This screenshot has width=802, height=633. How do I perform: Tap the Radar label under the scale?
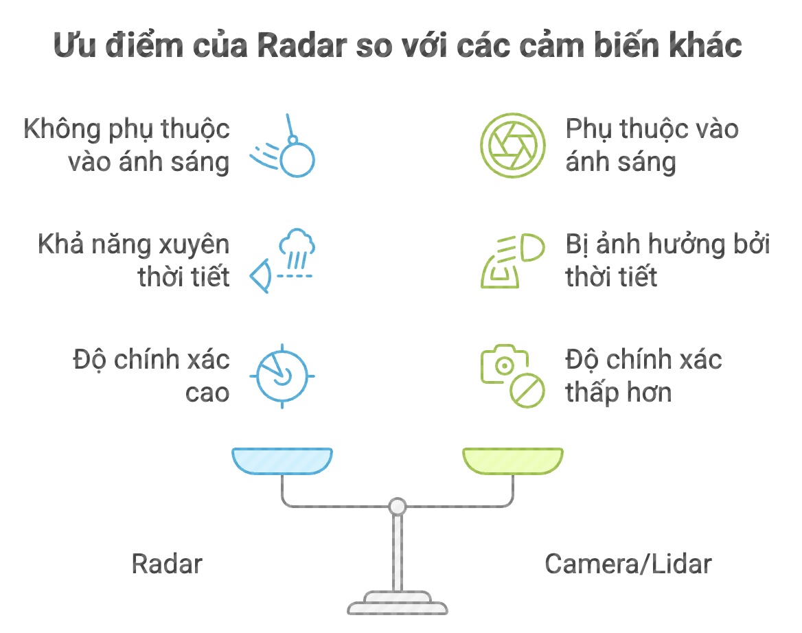click(x=167, y=564)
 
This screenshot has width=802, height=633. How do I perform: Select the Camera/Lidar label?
click(x=628, y=564)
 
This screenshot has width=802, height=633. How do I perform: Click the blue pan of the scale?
click(x=282, y=461)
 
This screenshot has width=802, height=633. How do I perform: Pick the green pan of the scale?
click(x=513, y=461)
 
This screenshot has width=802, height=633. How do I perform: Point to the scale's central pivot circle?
click(x=397, y=507)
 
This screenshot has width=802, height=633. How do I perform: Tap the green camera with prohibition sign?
click(x=512, y=377)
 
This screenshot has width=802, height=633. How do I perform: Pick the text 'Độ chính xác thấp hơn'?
click(x=643, y=376)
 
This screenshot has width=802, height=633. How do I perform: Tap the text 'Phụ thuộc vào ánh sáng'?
click(x=652, y=146)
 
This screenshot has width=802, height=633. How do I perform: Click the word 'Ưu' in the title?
click(x=73, y=47)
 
